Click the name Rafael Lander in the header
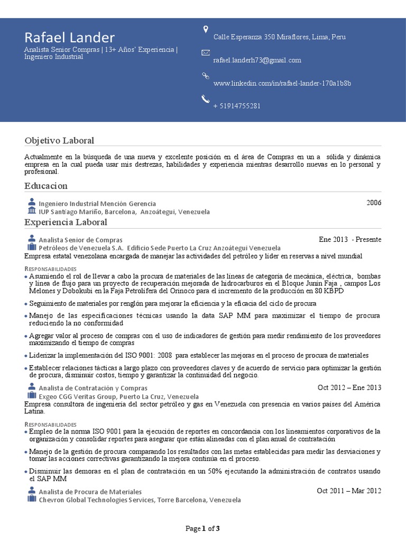(69, 38)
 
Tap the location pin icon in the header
(206, 29)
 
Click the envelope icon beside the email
(206, 52)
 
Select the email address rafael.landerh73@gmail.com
(257, 60)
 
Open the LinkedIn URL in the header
(282, 84)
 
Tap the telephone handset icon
(206, 98)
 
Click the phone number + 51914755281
(237, 106)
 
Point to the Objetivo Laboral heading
(59, 140)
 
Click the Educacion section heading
(46, 186)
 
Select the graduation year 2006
(374, 203)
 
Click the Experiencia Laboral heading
(66, 222)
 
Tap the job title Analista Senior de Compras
(80, 240)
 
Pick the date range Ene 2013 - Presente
(350, 239)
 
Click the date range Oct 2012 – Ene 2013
(349, 387)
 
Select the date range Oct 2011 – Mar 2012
(349, 491)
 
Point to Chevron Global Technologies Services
(96, 500)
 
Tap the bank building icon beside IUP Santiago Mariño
(31, 211)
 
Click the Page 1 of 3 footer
(202, 528)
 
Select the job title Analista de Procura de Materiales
(90, 492)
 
